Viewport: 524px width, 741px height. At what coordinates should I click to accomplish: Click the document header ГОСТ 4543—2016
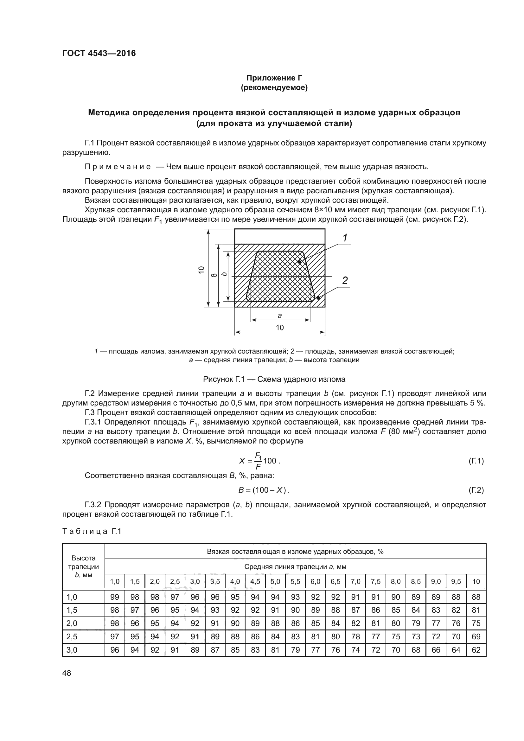(99, 53)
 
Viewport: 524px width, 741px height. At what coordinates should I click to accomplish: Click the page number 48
(67, 673)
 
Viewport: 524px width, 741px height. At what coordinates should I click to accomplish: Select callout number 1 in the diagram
(345, 238)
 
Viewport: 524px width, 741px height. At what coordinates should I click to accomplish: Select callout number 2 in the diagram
(345, 280)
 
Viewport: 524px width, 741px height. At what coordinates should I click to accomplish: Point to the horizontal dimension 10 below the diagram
(280, 328)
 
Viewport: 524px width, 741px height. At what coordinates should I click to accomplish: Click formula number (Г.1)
(476, 461)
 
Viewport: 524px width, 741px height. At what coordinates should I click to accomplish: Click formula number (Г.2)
(476, 490)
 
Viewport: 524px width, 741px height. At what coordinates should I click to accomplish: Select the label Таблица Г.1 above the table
(92, 532)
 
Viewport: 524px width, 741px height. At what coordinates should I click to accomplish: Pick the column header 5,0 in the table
(275, 582)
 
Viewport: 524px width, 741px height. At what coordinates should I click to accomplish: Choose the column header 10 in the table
(476, 582)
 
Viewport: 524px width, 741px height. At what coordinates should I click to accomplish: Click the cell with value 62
(476, 650)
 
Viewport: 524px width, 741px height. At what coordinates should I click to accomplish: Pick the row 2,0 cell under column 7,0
(355, 623)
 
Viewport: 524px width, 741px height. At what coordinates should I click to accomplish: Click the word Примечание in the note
(118, 167)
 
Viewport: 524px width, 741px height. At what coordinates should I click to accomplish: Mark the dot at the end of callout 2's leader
(318, 298)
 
